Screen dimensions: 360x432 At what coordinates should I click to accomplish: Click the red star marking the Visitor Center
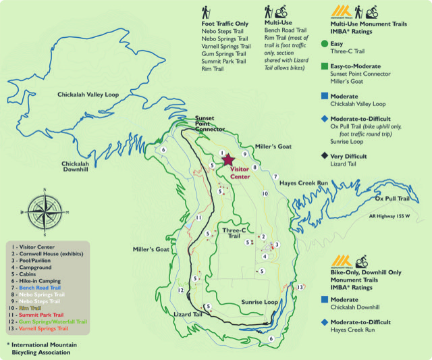coord(228,159)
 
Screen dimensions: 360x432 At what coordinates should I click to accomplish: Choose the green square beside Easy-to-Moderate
coord(325,66)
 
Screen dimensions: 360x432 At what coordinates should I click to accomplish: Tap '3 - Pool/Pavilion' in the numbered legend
coord(38,266)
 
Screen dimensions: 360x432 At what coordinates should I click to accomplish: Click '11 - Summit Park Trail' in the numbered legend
coord(45,315)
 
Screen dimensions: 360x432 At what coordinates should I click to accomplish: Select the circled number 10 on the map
coord(265,194)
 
